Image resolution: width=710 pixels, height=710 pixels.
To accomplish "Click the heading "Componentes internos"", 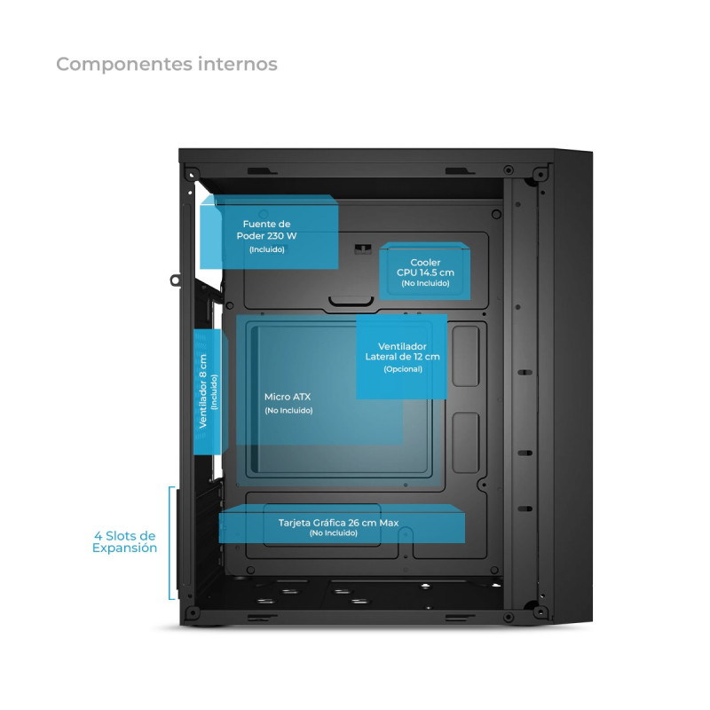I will [x=167, y=64].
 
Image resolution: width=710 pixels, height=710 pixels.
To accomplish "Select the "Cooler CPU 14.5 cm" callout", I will [x=425, y=267].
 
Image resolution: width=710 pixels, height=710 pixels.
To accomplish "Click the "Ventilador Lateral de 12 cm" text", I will [x=402, y=351].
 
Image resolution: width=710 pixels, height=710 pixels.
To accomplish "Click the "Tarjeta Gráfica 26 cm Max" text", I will [x=338, y=523].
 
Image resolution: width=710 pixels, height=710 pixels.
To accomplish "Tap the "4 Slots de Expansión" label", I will [x=125, y=541].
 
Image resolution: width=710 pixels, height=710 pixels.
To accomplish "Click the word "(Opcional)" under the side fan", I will [x=403, y=369].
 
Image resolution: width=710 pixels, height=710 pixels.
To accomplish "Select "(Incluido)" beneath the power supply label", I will [x=267, y=250].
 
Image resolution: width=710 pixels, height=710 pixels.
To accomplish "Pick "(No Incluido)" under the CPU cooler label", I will [x=425, y=283].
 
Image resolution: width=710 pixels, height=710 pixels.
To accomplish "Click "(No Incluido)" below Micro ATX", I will [x=288, y=411].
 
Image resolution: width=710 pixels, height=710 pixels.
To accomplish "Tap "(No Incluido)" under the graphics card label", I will [x=334, y=532].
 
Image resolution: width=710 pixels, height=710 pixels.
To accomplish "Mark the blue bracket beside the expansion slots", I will [x=170, y=542].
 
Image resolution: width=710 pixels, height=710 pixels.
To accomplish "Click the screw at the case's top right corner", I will [x=540, y=169].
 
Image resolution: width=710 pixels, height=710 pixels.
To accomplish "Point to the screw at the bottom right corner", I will [x=540, y=610].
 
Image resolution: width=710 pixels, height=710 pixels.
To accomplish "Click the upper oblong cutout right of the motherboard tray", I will [x=464, y=350].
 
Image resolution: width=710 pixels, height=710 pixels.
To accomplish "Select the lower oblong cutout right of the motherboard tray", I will [x=463, y=441].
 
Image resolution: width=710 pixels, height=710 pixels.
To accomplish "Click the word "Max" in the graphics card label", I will [x=389, y=523].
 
